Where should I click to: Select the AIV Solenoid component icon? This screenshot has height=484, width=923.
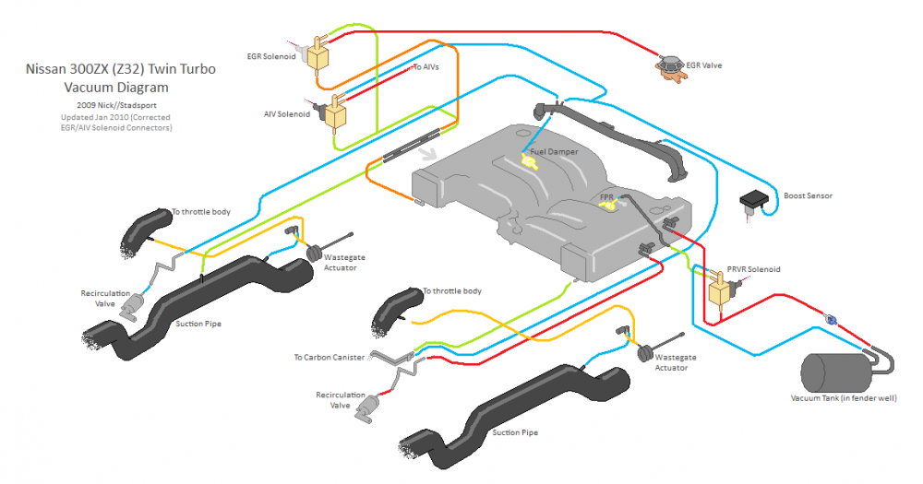[333, 113]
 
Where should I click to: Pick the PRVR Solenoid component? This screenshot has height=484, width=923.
[720, 291]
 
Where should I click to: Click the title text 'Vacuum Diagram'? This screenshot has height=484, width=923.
[116, 88]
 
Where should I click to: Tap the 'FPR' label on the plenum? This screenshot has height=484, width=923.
[606, 197]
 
